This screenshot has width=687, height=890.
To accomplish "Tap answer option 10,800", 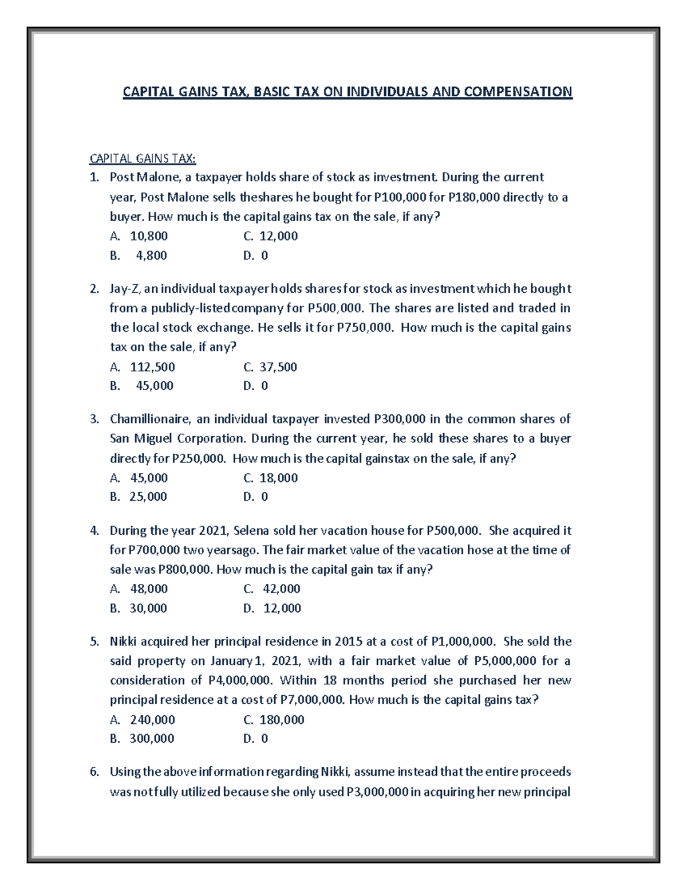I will pos(149,236).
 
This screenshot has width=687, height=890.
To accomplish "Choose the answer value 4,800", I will pos(151,256).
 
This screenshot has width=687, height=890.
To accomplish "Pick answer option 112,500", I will pos(152,367).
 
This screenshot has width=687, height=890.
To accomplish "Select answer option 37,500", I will pos(278,367).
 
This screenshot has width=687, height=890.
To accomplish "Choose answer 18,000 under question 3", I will pos(278,478).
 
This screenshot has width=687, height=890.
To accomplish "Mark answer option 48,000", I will pos(149,589).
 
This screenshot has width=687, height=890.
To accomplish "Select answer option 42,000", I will pos(281,589).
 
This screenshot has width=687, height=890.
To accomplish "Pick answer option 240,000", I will pos(152,720).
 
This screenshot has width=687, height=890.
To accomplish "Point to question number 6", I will pos(94,772).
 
